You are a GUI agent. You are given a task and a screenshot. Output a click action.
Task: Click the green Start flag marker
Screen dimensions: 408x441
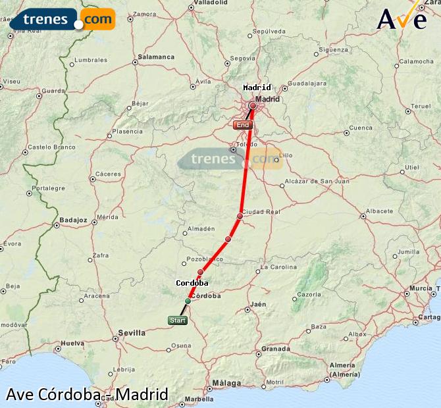point(178,320)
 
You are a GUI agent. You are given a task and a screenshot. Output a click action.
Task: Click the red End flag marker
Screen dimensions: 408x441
point(243,124)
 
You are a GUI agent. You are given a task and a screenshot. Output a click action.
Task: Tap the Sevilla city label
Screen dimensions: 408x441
point(132,333)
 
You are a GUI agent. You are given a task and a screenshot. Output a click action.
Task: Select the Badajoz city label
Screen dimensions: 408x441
point(73,220)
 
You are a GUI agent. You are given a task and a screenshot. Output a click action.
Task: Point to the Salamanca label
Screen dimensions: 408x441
point(156,57)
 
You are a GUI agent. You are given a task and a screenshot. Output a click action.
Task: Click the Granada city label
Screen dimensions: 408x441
point(275,349)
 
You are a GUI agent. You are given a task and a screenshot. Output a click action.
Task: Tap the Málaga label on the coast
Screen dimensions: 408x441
point(226,382)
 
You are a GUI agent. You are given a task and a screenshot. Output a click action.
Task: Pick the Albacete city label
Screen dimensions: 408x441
point(379,211)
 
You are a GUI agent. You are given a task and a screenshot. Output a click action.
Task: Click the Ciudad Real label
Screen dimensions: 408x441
point(261,212)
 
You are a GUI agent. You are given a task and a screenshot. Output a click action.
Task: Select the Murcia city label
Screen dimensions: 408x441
point(421,288)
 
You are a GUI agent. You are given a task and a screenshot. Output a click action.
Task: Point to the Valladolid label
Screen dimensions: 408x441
point(211,3)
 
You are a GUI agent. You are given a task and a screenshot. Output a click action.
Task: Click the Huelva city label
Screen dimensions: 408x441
point(71,343)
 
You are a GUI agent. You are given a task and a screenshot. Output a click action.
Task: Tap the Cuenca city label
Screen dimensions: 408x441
point(361,128)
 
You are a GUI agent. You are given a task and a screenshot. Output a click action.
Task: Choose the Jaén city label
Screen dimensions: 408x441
point(258,304)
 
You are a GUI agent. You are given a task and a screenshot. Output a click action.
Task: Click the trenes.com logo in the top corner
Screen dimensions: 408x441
point(63,19)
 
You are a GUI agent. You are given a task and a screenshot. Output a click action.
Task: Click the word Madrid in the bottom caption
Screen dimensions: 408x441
point(143,395)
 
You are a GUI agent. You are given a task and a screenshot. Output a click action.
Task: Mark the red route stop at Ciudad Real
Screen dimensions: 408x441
point(240,216)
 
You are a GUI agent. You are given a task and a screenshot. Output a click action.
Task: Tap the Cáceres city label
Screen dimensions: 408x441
point(109,174)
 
